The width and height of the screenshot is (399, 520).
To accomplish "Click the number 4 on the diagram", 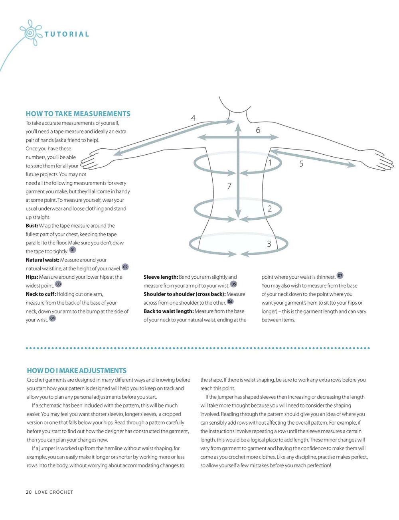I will pos(194,118).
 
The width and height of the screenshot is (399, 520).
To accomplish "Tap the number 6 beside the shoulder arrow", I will pos(258,130).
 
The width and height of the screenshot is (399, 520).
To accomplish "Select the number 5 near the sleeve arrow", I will pos(301,164).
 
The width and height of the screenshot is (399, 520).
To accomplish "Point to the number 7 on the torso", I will pos(229,186).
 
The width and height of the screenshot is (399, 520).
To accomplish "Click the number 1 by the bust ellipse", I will pos(270,163).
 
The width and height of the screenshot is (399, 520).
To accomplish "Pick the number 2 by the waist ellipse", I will pos(270,209).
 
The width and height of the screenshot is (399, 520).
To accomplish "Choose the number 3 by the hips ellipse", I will pos(269,244).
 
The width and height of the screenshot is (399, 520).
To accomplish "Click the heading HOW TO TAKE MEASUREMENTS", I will pos(78,114).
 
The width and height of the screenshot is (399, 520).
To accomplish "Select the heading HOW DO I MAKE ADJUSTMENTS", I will pos(77,370).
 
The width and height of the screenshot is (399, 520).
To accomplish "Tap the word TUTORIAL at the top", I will pos(67,34).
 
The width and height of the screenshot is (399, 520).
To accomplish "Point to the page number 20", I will pos(29,492).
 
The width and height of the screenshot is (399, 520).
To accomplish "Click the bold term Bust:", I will pos(32,226).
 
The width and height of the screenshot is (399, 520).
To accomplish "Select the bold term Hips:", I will pos(32,277).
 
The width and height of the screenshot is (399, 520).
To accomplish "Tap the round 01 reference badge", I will pos(72,250).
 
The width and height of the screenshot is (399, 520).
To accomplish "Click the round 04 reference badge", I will pos(52,318).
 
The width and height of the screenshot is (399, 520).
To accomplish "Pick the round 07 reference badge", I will pos(340,276).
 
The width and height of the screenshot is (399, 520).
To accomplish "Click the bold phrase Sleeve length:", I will pos(161,277).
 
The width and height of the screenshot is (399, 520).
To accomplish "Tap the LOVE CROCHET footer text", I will pos(54,492).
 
